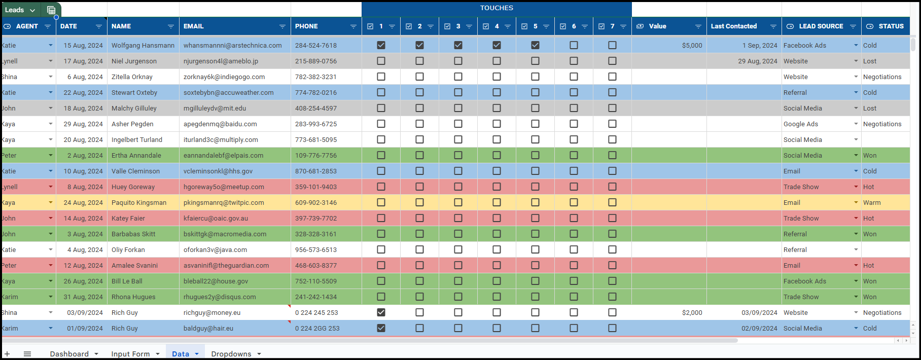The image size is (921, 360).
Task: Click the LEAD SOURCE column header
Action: [821, 26]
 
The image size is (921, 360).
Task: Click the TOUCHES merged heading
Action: [497, 8]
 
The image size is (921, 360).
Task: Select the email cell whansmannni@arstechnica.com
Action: [233, 46]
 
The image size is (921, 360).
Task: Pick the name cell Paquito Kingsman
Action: [139, 203]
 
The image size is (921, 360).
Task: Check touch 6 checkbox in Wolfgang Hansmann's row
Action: [574, 45]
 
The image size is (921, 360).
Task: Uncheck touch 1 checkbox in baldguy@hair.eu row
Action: [381, 328]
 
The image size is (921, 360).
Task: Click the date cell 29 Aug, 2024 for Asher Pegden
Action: [83, 124]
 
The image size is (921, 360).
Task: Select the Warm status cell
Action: [872, 203]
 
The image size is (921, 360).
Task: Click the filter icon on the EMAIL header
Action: [282, 26]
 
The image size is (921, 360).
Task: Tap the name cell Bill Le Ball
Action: [127, 281]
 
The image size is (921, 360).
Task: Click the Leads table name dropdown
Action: [20, 10]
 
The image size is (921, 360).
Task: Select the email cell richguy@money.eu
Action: [212, 313]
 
